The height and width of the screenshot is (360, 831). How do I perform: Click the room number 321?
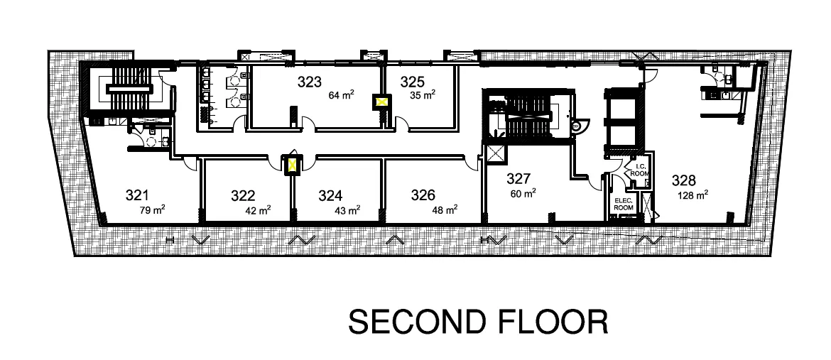pyautogui.click(x=137, y=195)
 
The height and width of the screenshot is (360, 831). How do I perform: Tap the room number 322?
pyautogui.click(x=243, y=196)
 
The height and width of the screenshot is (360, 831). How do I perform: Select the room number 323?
pyautogui.click(x=310, y=82)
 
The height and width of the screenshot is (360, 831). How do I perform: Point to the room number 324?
pyautogui.click(x=330, y=196)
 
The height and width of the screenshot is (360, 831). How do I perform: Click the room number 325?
pyautogui.click(x=413, y=82)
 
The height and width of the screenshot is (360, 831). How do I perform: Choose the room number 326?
pyautogui.click(x=423, y=196)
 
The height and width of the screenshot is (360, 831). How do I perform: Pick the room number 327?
pyautogui.click(x=518, y=178)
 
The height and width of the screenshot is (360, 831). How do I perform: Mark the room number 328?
pyautogui.click(x=684, y=180)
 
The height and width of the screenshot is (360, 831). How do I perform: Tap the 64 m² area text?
pyautogui.click(x=342, y=95)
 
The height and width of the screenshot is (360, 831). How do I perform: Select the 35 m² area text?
pyautogui.click(x=423, y=95)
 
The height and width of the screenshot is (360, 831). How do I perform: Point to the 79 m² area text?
pyautogui.click(x=152, y=210)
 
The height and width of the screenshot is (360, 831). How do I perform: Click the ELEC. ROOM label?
pyautogui.click(x=624, y=204)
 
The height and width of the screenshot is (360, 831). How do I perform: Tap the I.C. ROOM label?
pyautogui.click(x=640, y=170)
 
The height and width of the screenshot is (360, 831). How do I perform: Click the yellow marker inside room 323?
pyautogui.click(x=381, y=102)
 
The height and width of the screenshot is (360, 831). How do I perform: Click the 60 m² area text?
pyautogui.click(x=523, y=194)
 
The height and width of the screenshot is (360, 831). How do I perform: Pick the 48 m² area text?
pyautogui.click(x=445, y=210)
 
